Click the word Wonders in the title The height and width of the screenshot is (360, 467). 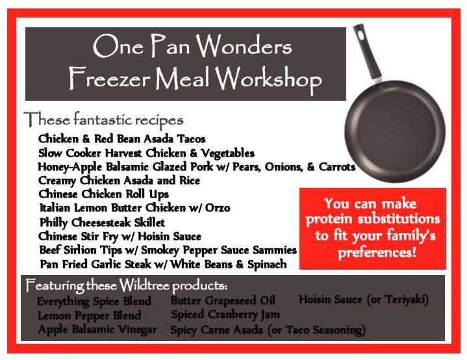pos(244,46)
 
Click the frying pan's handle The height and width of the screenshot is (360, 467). pos(367,53)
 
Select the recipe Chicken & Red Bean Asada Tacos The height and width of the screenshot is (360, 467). pos(122,139)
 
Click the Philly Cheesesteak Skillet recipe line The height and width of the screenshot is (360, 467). pos(102,223)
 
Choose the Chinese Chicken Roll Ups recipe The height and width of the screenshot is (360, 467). pos(104,194)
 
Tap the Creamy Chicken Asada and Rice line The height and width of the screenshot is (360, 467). pos(119,181)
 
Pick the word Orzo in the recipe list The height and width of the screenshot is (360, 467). pos(218,208)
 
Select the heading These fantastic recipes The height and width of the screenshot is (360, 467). pos(103,120)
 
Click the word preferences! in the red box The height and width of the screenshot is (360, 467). pos(377,253)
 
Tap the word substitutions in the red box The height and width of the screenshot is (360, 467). pos(399,219)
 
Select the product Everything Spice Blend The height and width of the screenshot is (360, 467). pos(94,302)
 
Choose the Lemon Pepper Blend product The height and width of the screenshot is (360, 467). pos(90,316)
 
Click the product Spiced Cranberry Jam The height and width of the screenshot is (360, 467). pos(225,315)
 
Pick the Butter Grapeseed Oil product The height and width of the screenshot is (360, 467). pos(223,301)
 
